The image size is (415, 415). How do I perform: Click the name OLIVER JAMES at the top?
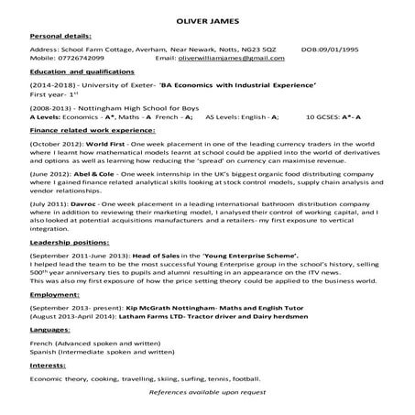coord(207,19)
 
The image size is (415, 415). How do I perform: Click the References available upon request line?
coord(207,391)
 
